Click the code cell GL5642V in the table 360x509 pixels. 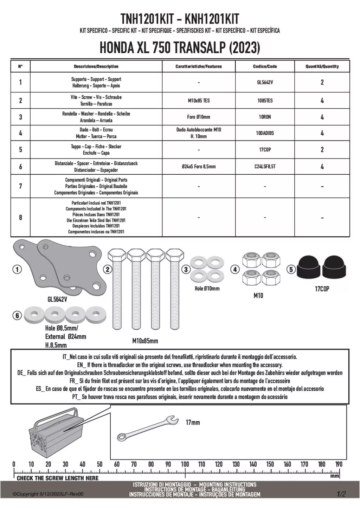click(x=265, y=82)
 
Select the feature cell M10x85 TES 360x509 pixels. click(x=199, y=101)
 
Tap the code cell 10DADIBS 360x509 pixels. click(x=265, y=133)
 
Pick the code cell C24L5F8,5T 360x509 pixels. click(x=265, y=167)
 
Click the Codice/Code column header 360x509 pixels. click(x=265, y=66)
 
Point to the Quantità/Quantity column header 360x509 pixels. click(x=322, y=66)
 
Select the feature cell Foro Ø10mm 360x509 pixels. click(x=199, y=117)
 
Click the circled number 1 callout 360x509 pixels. click(x=17, y=270)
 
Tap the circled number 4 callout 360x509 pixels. click(x=234, y=270)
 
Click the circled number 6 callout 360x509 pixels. click(x=17, y=316)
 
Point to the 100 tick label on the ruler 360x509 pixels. click(x=185, y=464)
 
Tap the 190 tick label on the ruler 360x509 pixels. click(x=339, y=464)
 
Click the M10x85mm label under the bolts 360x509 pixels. click(x=145, y=341)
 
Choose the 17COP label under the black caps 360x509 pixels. click(x=322, y=289)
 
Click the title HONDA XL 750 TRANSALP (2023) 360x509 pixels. click(x=180, y=47)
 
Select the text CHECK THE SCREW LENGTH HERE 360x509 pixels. click(x=58, y=478)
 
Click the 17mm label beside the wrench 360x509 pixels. click(x=193, y=422)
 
